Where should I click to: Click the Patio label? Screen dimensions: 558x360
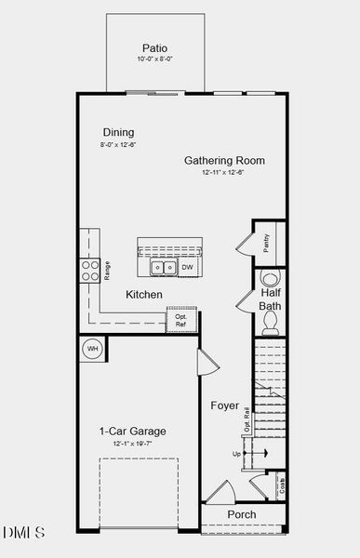coord(154,48)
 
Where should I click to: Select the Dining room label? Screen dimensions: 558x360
coord(118,133)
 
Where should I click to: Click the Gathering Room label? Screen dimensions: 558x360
coord(224,160)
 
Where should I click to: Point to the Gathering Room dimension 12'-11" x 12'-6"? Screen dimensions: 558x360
coord(224,173)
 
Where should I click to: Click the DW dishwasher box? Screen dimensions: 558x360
coord(187,268)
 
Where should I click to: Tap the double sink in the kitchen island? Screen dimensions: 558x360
coord(164,268)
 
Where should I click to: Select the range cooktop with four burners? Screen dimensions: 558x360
coord(91,270)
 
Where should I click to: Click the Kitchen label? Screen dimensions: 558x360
coord(144,295)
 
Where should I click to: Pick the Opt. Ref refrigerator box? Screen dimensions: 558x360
coord(181,320)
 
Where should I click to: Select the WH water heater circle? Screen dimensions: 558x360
coord(93,349)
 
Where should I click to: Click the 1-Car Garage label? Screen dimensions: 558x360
coord(132,432)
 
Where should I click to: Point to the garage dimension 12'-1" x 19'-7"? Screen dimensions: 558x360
coord(132,444)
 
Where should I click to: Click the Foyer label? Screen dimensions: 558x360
coord(223,405)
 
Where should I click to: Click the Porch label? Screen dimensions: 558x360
coord(242,514)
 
